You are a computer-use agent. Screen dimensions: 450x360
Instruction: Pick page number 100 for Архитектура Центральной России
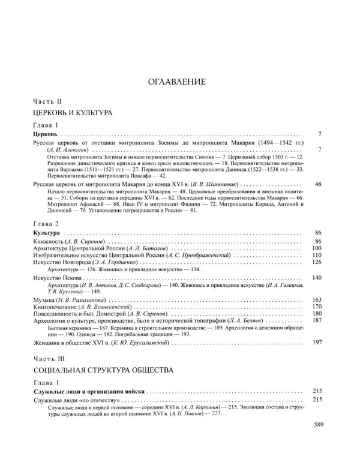[318, 231]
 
